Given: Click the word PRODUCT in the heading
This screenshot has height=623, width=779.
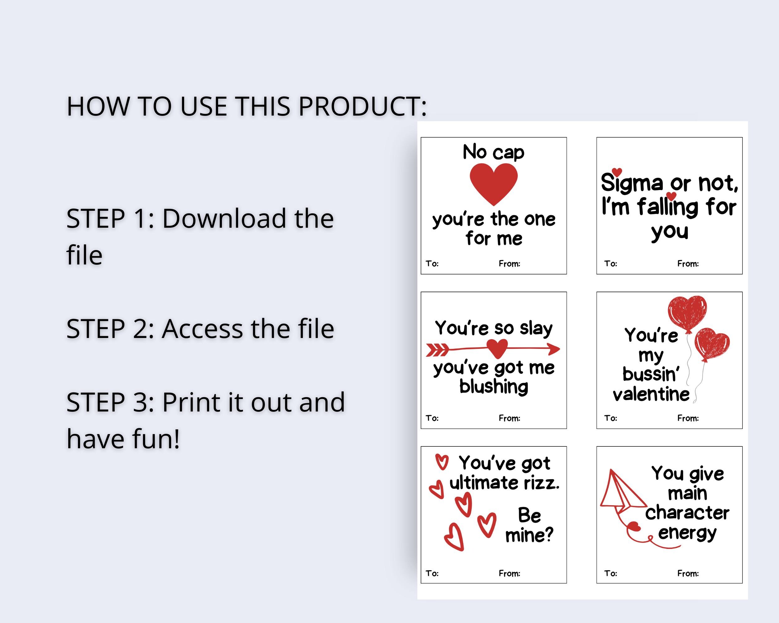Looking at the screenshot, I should [x=362, y=107].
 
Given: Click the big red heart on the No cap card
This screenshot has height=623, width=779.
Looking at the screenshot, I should [x=494, y=183].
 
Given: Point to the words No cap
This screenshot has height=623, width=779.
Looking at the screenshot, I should [x=493, y=152].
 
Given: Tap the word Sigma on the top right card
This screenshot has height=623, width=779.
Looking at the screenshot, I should [x=632, y=183].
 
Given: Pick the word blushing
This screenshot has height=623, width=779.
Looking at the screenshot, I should [x=494, y=387].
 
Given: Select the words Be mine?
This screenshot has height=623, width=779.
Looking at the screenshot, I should [x=529, y=525].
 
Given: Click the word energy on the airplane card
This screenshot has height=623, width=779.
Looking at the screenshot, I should [x=687, y=533].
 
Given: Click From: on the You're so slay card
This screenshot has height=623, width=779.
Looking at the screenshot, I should [x=509, y=418].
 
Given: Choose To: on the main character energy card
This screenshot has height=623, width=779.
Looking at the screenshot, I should [x=611, y=573].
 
